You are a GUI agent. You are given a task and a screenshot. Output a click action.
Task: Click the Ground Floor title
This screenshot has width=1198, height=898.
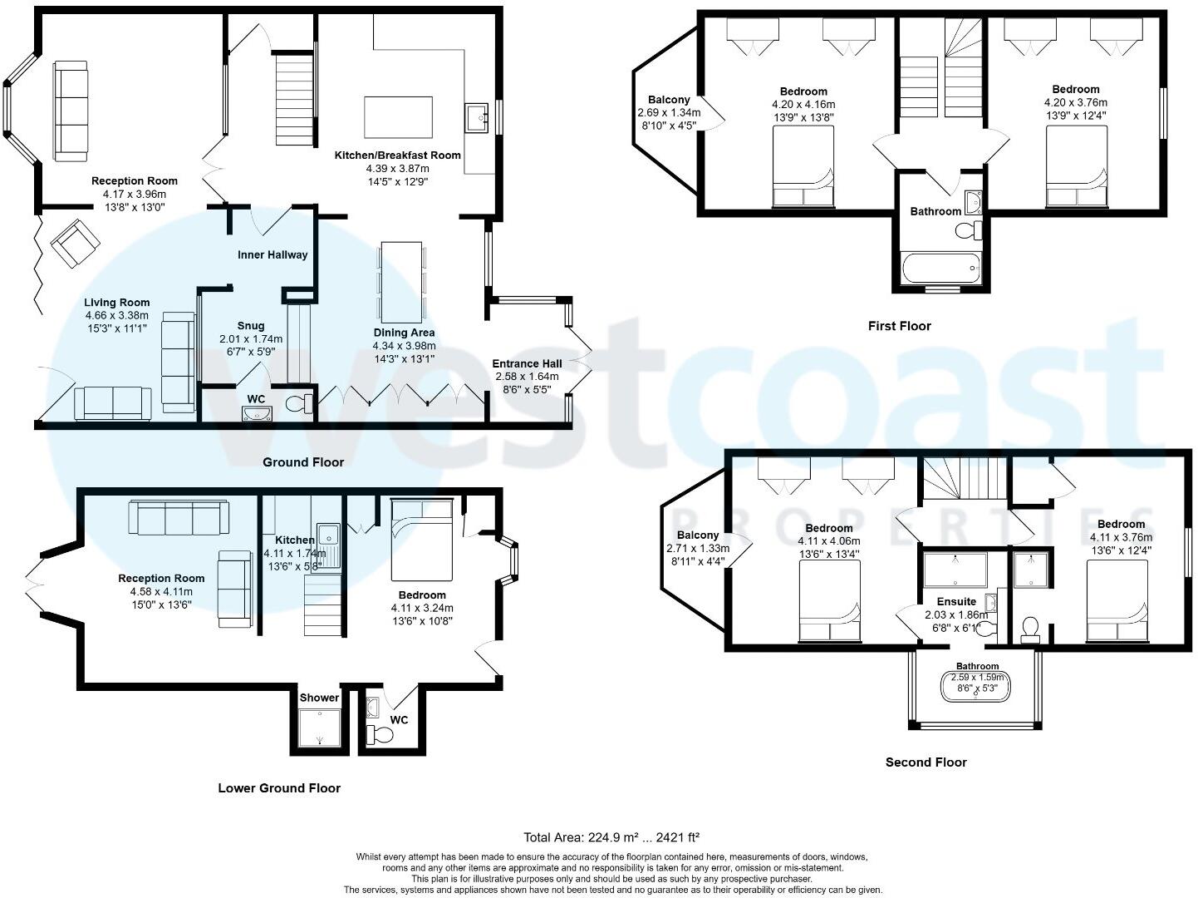(x=302, y=462)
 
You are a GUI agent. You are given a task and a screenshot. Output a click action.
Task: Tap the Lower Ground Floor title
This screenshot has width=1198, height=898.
(x=279, y=788)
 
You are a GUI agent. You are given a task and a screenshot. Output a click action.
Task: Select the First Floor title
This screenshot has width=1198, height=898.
(x=899, y=326)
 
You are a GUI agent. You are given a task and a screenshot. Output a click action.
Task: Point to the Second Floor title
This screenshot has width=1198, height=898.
(x=926, y=762)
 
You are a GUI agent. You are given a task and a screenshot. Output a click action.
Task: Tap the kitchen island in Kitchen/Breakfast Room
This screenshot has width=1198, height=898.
(x=398, y=117)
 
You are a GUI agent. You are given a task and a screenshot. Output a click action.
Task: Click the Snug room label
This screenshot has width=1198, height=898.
(x=251, y=326)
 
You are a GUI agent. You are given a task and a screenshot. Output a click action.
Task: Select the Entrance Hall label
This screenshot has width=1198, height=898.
(x=527, y=363)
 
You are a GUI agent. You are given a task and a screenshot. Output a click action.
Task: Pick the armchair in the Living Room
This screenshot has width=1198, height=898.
(x=76, y=242)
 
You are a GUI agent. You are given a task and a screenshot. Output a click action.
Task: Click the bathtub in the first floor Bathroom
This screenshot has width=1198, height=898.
(x=941, y=269)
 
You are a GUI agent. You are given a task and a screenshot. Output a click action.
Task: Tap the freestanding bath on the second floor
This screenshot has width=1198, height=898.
(x=976, y=688)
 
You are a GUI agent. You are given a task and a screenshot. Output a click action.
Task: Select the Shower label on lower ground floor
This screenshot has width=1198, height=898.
(x=319, y=698)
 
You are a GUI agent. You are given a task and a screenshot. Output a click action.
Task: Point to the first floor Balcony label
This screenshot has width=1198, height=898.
(x=669, y=100)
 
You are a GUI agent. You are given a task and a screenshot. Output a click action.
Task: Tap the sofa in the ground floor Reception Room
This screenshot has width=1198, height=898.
(x=71, y=111)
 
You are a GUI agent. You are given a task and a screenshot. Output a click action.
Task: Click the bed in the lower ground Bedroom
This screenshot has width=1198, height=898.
(x=422, y=540)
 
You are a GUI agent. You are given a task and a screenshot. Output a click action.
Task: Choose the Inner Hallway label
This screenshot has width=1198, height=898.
(x=272, y=254)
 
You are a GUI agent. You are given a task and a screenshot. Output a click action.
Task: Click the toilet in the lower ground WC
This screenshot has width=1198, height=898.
(x=382, y=735)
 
